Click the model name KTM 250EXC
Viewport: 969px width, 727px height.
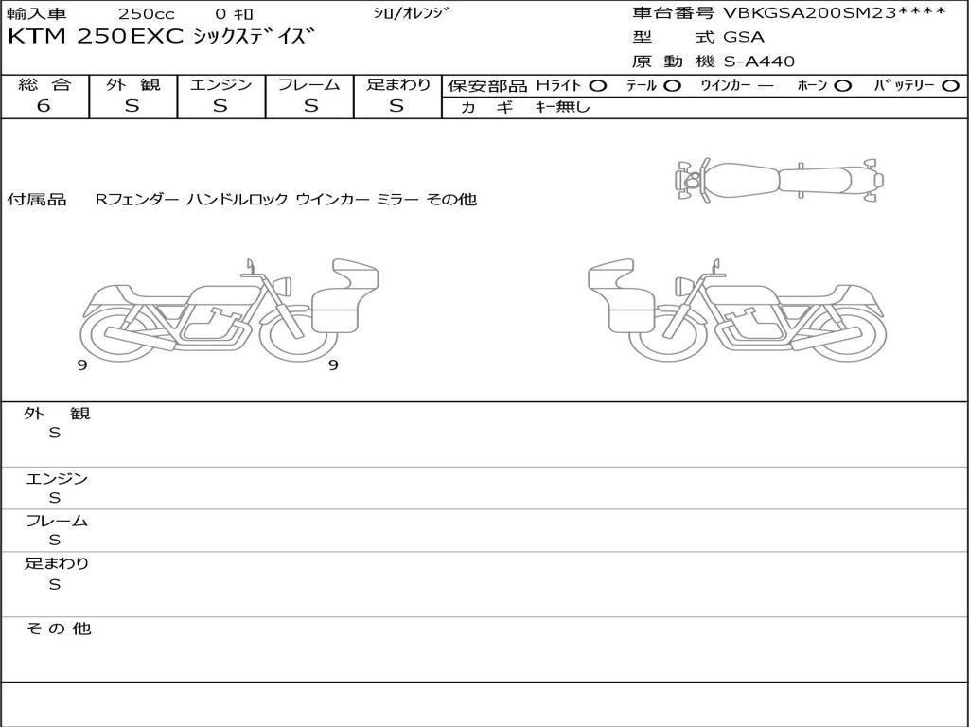[x=96, y=37]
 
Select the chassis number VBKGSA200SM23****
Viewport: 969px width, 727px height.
[x=835, y=13]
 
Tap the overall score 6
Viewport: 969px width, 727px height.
[x=44, y=106]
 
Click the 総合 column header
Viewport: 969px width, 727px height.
[x=44, y=84]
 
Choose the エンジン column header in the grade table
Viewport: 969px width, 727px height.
[x=220, y=84]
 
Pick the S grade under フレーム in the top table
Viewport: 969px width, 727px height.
[x=310, y=106]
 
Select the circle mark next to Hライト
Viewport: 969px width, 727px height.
[x=598, y=86]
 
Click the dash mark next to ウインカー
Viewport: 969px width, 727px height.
[x=765, y=86]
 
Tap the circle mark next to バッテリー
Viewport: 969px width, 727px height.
[x=950, y=86]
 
